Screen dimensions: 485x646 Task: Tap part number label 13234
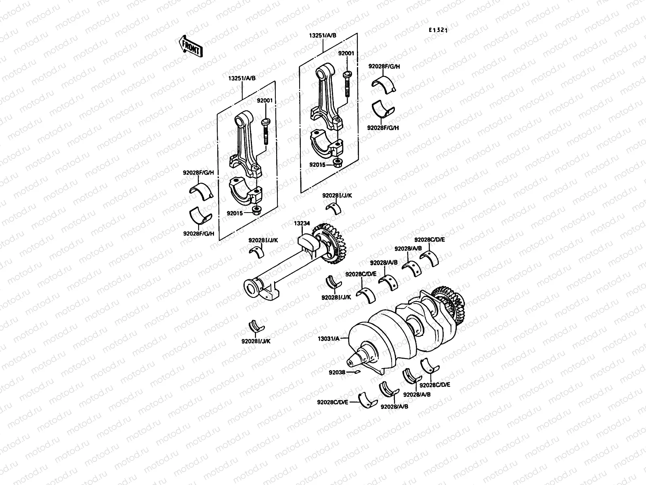(x=302, y=223)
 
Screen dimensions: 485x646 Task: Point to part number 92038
(x=337, y=372)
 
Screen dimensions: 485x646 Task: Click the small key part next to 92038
(x=356, y=372)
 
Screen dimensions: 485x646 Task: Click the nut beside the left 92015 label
(x=256, y=210)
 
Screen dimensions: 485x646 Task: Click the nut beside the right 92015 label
(x=337, y=163)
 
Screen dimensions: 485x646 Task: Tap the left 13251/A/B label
(x=243, y=78)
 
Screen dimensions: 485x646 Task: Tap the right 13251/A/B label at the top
(x=323, y=36)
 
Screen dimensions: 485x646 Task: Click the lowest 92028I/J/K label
(x=256, y=341)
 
